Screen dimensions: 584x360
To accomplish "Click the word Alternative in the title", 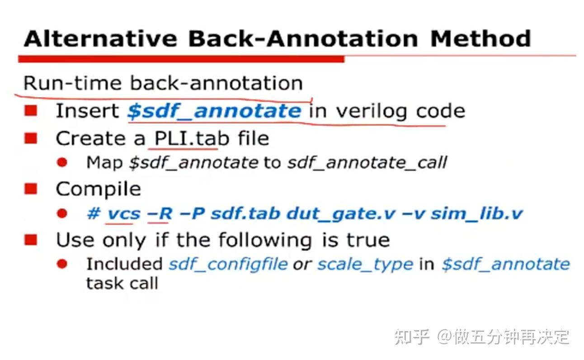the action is (x=101, y=38).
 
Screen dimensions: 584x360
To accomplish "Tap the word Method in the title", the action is (x=480, y=38).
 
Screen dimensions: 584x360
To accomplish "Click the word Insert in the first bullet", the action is (x=87, y=111).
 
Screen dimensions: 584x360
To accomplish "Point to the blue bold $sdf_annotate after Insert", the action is (x=214, y=112).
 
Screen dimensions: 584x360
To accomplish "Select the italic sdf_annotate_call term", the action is (x=367, y=163).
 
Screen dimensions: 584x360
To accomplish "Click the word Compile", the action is (x=99, y=189).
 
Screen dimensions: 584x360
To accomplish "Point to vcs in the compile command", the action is (x=124, y=214).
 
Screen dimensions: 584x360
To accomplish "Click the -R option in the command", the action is (x=160, y=214).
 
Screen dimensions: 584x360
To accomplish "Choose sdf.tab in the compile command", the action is (x=245, y=213).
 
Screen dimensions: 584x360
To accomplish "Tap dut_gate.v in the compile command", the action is (x=341, y=214).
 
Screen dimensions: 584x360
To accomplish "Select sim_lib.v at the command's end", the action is (x=476, y=214).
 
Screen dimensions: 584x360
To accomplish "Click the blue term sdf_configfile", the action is (x=228, y=265).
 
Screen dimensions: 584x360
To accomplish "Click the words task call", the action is (x=122, y=283).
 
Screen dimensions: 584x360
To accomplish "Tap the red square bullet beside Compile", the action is (x=31, y=189).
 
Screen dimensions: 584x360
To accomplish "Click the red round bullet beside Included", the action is (x=62, y=264).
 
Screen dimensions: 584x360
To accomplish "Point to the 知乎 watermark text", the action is (x=411, y=337).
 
